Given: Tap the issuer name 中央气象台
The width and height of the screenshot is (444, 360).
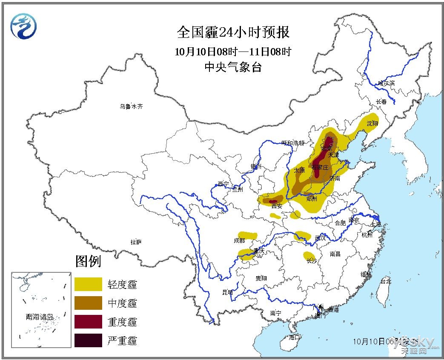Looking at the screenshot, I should point(233,67).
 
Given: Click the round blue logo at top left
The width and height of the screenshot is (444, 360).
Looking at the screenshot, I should point(24,26).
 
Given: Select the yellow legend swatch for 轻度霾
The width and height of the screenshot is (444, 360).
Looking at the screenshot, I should point(88,284).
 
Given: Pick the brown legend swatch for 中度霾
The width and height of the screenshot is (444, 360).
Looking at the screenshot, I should point(88,303).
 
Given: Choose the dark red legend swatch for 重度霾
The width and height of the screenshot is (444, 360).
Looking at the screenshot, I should point(88,322).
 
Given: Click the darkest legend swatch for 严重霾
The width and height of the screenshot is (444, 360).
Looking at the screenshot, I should point(88,340).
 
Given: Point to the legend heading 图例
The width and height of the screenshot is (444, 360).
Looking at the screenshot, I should point(88,261).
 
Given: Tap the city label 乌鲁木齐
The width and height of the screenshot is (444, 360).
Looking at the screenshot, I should point(131,106).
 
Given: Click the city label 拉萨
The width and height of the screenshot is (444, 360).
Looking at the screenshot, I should point(136,242).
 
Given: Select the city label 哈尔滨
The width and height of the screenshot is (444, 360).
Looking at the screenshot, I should point(386,83).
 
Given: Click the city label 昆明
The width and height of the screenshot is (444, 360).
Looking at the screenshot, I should point(228,292).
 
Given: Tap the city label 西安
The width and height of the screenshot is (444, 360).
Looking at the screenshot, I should point(277,206).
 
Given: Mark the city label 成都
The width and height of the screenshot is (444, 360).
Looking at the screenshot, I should point(239,240).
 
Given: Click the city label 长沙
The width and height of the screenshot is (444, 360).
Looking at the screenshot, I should point(312,261).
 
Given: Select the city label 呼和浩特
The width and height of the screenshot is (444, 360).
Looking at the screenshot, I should point(293,143).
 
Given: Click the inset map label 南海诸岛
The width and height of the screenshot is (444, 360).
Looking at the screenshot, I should point(40,317).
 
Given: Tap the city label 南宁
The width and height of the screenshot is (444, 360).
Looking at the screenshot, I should point(276,313).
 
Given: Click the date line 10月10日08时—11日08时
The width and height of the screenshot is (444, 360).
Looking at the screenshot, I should point(233,52).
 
